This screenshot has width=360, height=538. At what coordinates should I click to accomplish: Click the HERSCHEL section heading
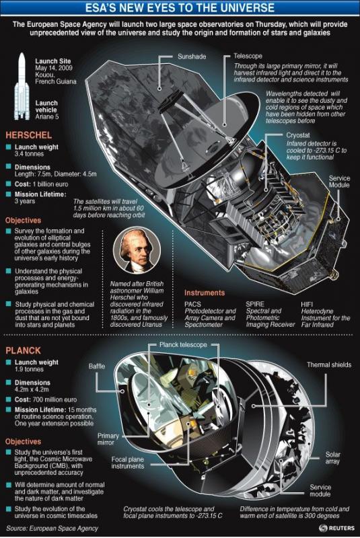click(x=28, y=135)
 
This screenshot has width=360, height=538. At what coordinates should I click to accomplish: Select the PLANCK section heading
click(x=23, y=350)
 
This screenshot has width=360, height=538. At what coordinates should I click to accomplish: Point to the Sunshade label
click(x=192, y=56)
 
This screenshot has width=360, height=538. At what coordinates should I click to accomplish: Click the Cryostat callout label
click(x=298, y=135)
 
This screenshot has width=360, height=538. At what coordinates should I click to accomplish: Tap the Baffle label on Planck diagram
click(x=97, y=366)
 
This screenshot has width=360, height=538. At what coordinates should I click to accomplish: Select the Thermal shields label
click(x=329, y=364)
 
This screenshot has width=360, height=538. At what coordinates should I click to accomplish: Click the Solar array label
click(x=332, y=458)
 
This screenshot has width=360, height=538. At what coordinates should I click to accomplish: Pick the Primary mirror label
click(x=108, y=439)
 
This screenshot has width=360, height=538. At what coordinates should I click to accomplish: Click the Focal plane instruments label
click(x=127, y=463)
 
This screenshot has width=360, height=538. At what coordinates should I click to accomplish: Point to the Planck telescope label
click(x=183, y=344)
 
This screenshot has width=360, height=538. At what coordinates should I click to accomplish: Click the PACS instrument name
click(x=193, y=304)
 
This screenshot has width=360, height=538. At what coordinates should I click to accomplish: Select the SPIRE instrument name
click(x=255, y=304)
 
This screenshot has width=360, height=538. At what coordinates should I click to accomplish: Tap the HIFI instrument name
click(x=306, y=304)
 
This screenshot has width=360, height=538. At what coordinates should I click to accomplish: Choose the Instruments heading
click(x=205, y=293)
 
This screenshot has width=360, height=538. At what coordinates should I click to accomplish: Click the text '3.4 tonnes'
click(x=29, y=154)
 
